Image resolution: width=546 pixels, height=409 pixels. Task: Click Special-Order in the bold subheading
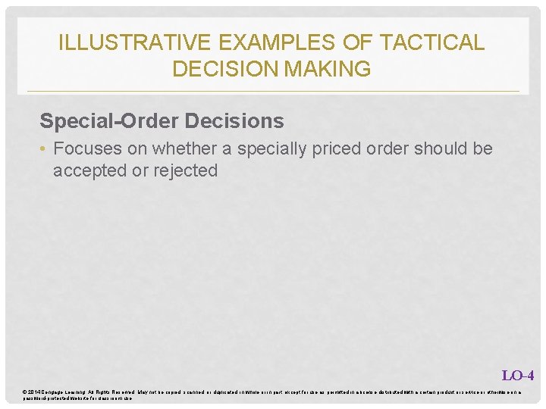tap(103, 121)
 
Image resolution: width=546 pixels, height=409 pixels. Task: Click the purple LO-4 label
tap(518, 375)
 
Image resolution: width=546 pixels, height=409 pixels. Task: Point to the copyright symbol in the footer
tap(25, 391)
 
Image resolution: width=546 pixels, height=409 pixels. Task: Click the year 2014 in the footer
tap(34, 391)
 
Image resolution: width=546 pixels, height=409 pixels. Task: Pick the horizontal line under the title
tap(273, 92)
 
